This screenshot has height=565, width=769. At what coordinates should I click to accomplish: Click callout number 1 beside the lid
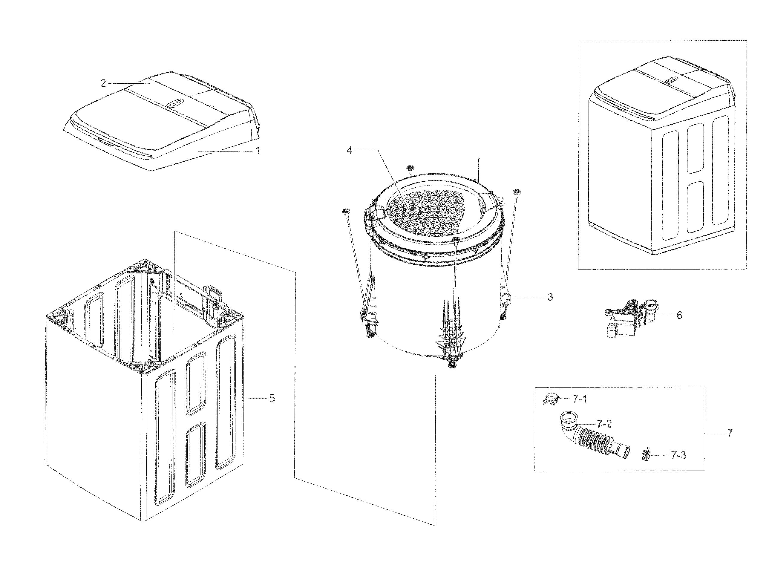(x=258, y=150)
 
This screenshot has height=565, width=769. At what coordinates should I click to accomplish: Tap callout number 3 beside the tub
(x=550, y=297)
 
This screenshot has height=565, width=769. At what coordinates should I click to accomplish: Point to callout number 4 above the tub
(x=349, y=150)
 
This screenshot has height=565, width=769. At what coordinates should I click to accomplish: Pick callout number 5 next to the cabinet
(x=272, y=398)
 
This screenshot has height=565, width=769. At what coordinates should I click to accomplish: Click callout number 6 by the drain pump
(x=679, y=315)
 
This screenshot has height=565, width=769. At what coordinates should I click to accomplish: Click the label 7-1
(x=580, y=399)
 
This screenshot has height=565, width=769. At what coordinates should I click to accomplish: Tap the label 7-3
(x=678, y=455)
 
